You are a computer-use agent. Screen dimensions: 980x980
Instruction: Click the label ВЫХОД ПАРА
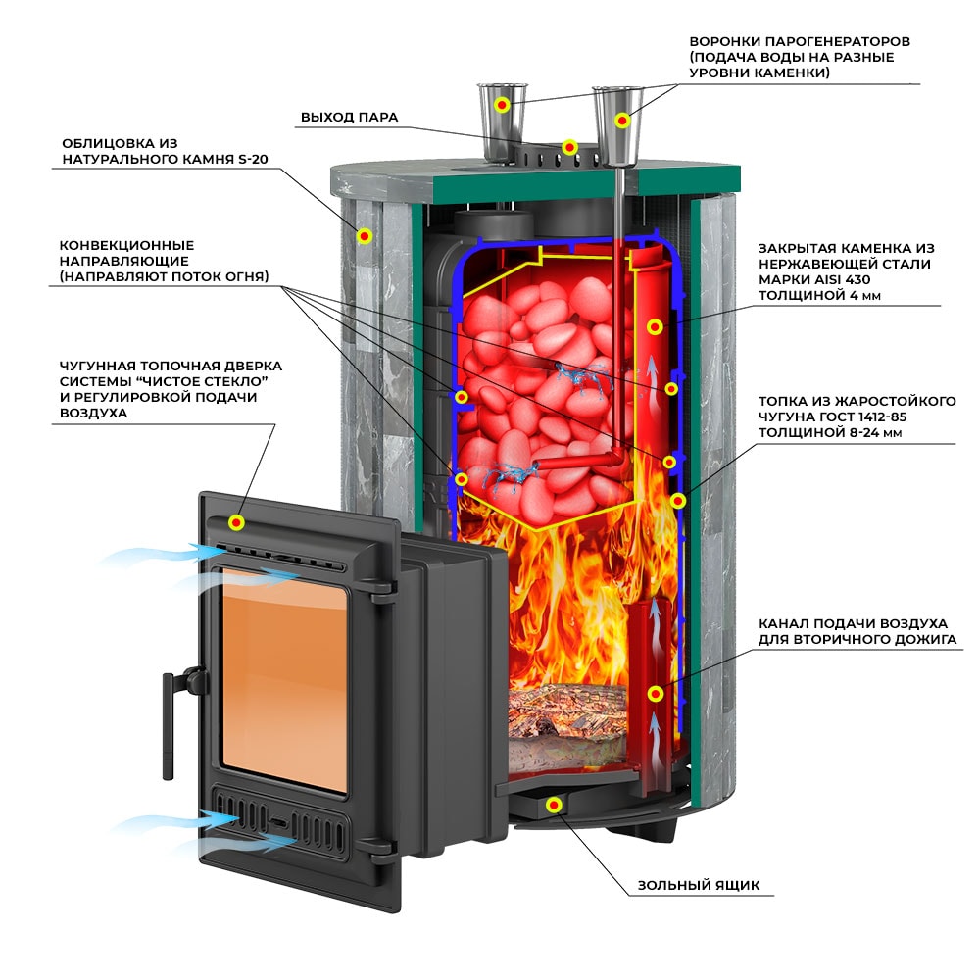pos(350,117)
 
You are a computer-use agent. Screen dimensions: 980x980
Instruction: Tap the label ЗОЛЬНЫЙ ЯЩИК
pos(699,885)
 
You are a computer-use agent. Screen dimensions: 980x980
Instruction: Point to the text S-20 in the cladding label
pos(252,159)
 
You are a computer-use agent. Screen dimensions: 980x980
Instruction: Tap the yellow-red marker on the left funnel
pos(502,105)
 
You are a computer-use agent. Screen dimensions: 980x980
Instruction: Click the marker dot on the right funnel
pos(622,120)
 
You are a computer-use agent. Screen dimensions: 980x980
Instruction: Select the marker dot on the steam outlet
pos(568,148)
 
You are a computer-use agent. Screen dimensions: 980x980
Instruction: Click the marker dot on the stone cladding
pos(365,235)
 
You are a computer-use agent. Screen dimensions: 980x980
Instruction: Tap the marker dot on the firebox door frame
pos(236,522)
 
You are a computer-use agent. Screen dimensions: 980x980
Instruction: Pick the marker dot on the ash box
pos(553,805)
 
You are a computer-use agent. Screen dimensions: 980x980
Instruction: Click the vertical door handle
pos(169,725)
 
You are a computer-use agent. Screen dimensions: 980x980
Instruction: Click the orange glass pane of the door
pos(284,680)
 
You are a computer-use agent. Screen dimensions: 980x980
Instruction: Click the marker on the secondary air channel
pos(655,693)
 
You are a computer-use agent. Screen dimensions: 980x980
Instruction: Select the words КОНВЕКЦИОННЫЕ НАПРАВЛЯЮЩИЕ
pos(126,253)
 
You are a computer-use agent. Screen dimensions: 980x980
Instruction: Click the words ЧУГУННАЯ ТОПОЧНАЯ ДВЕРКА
pos(171,366)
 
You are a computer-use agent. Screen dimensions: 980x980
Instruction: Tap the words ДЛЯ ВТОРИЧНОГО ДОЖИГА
pos(857,639)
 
